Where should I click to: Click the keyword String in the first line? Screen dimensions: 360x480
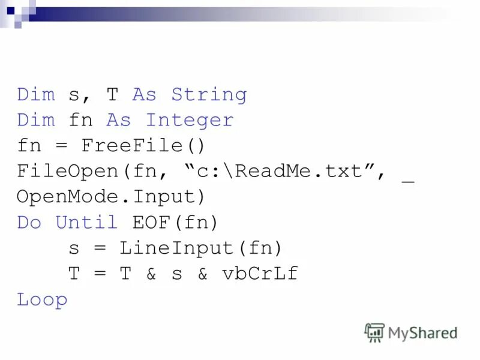209,95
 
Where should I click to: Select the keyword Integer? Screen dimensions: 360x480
190,121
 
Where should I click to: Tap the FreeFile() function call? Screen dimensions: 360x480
143,146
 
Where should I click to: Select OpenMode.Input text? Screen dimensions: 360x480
110,197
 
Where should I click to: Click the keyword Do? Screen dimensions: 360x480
29,223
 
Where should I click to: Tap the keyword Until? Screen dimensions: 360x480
86,223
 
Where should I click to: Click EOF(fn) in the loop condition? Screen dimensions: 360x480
176,223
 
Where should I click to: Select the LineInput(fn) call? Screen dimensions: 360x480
200,248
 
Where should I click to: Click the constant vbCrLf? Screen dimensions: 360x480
260,274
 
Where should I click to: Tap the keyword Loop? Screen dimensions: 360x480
42,300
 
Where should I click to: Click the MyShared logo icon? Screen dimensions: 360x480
374,332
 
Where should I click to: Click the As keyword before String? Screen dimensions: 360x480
144,95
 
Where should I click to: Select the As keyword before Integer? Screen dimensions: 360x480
118,121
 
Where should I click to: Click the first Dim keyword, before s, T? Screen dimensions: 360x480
36,95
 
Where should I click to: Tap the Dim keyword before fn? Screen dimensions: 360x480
36,121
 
